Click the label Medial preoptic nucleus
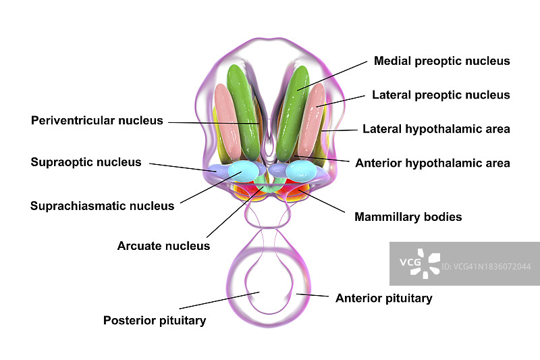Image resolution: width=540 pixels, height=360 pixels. click(441, 61)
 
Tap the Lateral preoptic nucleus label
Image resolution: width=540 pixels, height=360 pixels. click(441, 95)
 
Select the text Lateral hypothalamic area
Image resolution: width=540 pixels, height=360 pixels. click(436, 128)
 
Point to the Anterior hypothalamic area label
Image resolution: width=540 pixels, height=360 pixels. click(432, 163)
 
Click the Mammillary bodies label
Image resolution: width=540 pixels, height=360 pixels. click(408, 217)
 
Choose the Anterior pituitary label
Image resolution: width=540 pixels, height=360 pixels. click(383, 298)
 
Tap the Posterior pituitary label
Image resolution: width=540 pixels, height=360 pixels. click(154, 320)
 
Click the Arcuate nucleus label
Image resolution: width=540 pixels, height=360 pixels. click(163, 246)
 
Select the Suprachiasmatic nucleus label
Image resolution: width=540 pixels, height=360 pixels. click(102, 206)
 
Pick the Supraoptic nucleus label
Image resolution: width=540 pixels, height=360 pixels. click(86, 162)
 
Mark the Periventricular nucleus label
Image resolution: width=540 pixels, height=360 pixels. click(97, 121)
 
